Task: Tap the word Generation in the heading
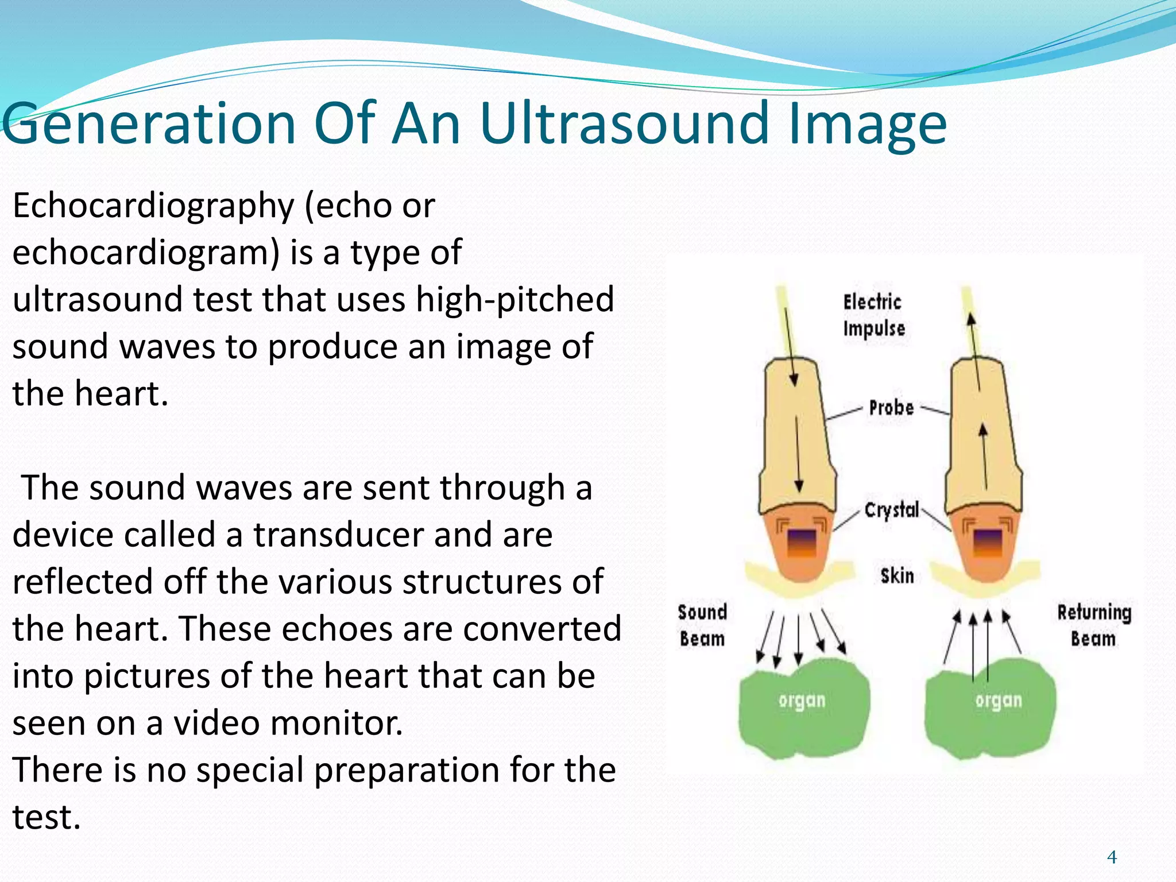[x=149, y=123]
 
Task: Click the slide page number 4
[x=1112, y=857]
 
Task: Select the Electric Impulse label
[x=873, y=315]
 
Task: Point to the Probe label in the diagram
[x=891, y=408]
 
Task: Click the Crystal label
[x=892, y=509]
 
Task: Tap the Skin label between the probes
[x=897, y=575]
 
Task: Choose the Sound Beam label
[x=702, y=625]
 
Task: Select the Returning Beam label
[x=1094, y=625]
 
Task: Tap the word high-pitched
[x=514, y=300]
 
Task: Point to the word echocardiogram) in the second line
[x=146, y=253]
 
